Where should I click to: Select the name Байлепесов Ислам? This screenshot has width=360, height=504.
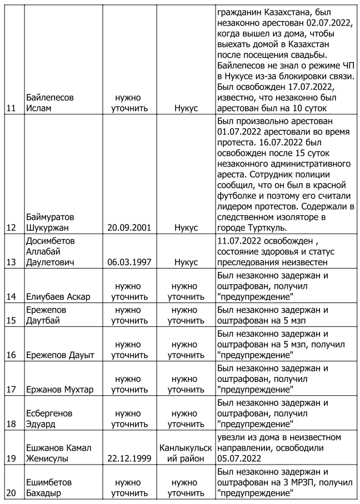click(50, 102)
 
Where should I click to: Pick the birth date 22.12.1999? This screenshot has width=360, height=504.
click(129, 458)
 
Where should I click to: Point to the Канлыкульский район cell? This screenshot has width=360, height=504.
click(186, 453)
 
